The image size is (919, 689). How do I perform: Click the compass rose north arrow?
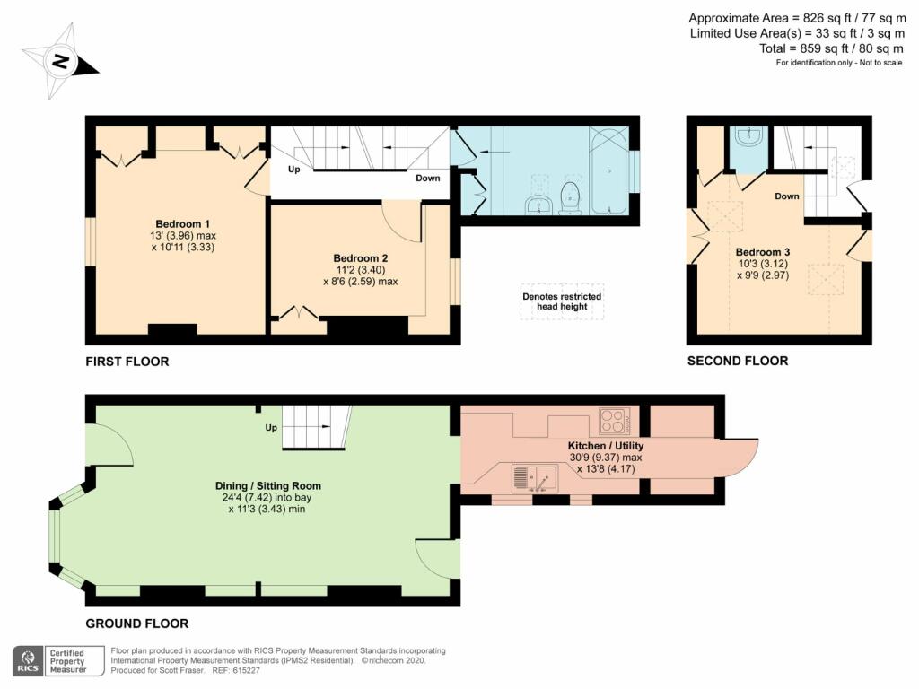coord(60,61)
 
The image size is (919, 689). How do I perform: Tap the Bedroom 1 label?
coord(183,223)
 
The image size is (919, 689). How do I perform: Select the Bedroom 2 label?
coord(361,258)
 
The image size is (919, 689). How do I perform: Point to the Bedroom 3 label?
coord(763,252)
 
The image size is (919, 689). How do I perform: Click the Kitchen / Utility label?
coord(606,446)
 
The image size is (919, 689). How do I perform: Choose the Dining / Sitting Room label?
coord(267,485)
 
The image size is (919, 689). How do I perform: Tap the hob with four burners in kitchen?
coord(614,421)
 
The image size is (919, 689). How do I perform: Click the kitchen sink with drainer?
coord(535,478)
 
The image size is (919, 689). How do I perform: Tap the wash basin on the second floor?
coord(748,136)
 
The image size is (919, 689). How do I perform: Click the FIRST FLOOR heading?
coord(127,362)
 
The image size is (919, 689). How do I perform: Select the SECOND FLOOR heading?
coord(738,361)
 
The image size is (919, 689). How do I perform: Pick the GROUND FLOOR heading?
coord(137,624)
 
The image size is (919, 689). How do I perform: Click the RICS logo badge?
coord(28,661)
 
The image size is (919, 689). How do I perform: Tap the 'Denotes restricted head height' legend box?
coord(562,301)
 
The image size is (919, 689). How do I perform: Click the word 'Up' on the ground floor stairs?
coord(271,428)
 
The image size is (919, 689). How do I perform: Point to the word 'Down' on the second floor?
coord(786,196)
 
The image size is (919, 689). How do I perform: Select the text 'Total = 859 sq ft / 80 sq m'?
coord(831,48)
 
